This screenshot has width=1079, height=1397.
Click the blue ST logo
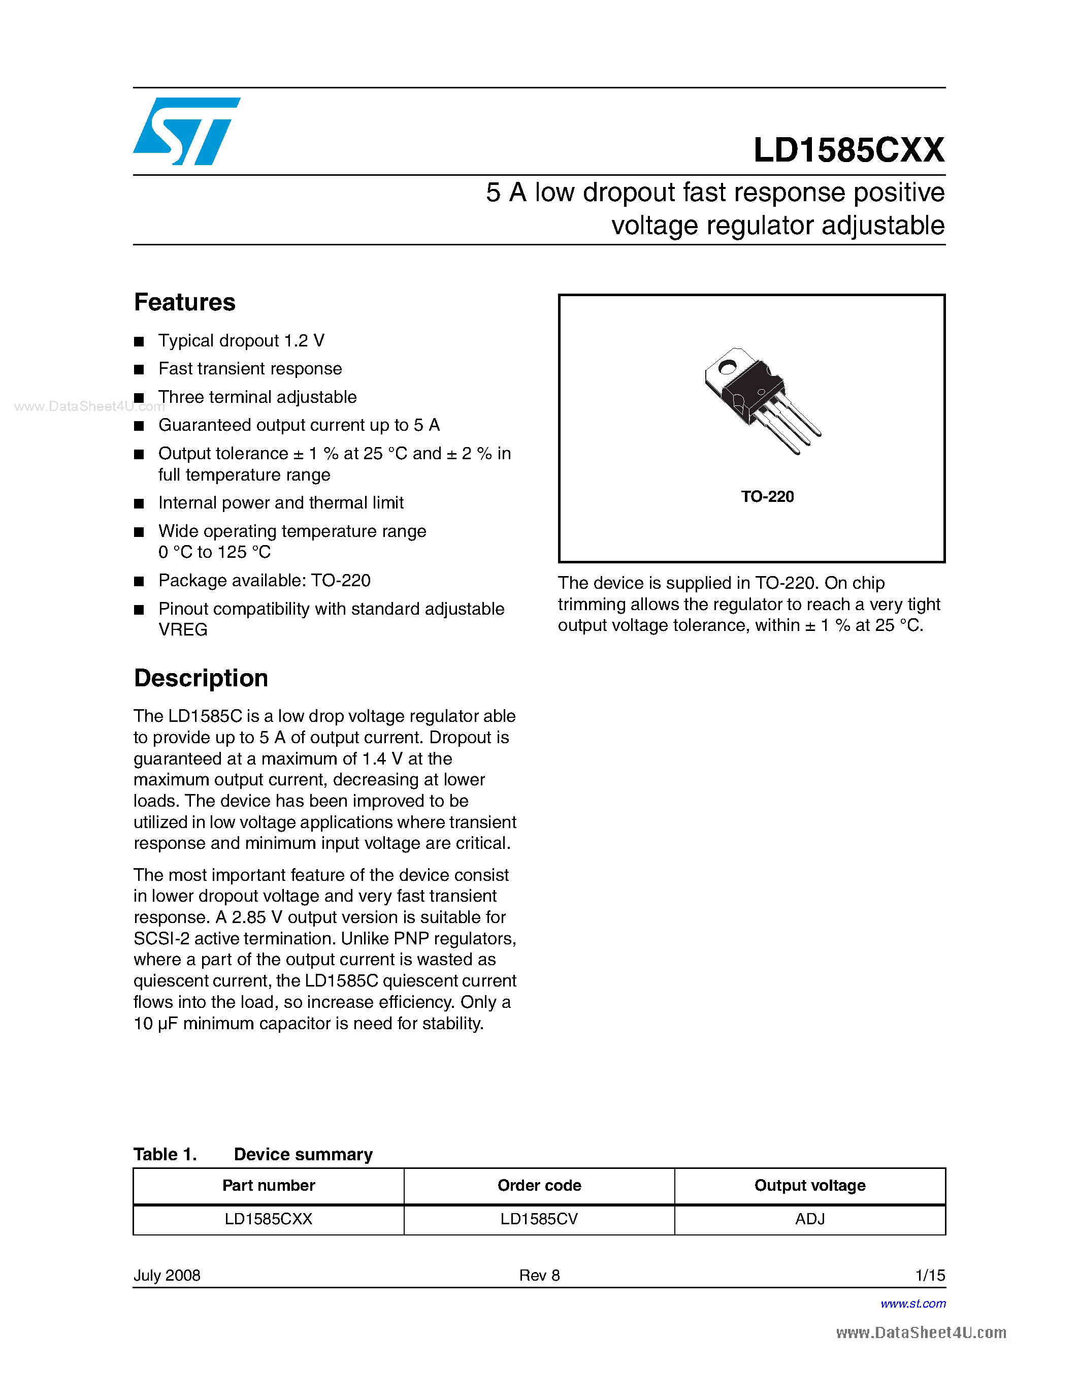coord(185,131)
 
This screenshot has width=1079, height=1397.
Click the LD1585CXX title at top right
coord(848,150)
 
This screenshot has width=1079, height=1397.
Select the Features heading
coord(185,302)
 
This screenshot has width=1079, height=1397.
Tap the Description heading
coord(201,678)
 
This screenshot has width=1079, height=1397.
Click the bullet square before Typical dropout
coord(139,341)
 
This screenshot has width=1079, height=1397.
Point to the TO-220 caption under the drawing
coord(767,496)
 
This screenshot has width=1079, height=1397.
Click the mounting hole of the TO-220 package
coord(727,367)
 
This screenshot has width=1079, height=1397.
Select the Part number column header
coord(269,1185)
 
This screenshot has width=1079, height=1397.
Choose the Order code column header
coord(539,1185)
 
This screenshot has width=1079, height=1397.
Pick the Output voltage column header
coord(809,1185)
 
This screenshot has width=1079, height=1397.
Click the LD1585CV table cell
coord(539,1219)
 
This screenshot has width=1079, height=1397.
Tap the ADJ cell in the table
coord(809,1219)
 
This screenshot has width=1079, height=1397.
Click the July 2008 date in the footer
coord(167,1276)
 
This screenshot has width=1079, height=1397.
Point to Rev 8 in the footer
coord(539,1276)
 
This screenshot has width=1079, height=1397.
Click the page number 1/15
coord(930,1276)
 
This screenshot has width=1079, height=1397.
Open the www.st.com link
coord(913,1304)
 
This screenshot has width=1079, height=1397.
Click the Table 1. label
coord(165,1154)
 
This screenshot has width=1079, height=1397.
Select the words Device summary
coord(303,1154)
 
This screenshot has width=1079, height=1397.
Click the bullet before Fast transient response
coord(139,370)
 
